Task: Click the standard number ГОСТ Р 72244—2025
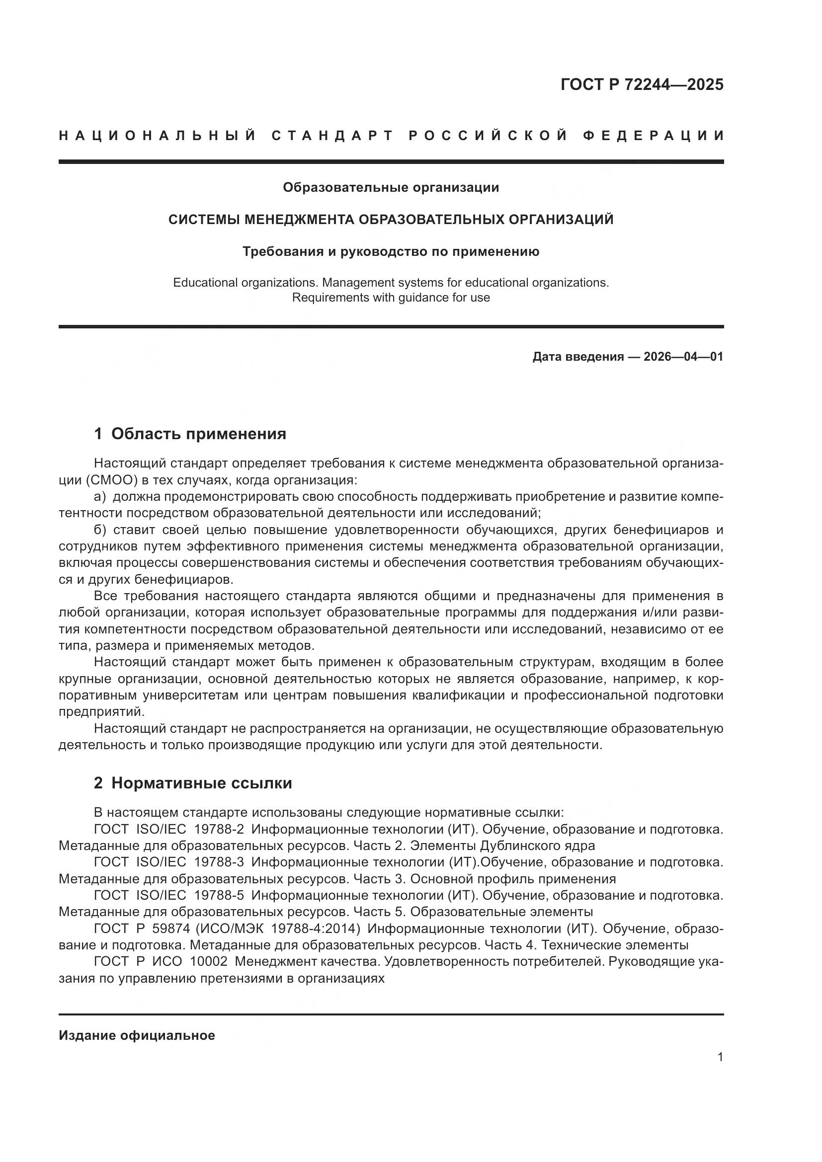641,84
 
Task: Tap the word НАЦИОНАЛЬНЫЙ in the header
157,136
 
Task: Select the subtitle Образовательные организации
391,188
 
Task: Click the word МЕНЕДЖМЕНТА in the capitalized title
300,220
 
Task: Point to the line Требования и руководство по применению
391,251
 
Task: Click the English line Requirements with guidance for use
391,298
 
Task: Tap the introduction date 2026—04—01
683,357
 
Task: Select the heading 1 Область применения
190,434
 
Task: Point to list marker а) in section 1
100,496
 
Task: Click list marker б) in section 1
100,530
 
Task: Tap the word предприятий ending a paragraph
101,712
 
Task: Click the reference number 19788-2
219,830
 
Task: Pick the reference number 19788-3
219,862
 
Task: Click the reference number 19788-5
219,896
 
